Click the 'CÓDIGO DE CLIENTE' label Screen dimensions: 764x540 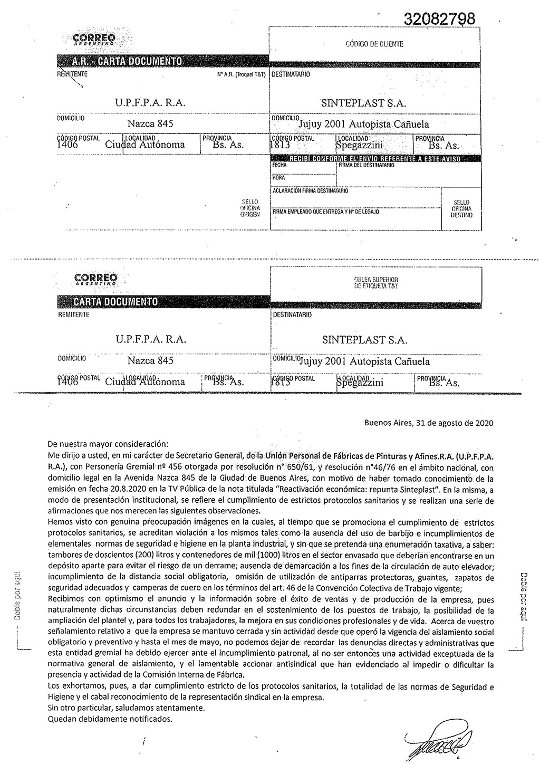point(374,44)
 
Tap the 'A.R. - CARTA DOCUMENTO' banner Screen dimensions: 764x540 point(127,61)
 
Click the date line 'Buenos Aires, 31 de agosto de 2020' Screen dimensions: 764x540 point(429,423)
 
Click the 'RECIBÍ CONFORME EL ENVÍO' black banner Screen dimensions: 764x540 point(375,159)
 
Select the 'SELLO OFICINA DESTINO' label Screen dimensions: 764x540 point(461,209)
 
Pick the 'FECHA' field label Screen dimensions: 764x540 point(279,165)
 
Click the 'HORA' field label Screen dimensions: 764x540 point(278,178)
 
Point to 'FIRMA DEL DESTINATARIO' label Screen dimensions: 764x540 point(367,165)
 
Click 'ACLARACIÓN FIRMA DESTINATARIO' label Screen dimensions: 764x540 point(310,190)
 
